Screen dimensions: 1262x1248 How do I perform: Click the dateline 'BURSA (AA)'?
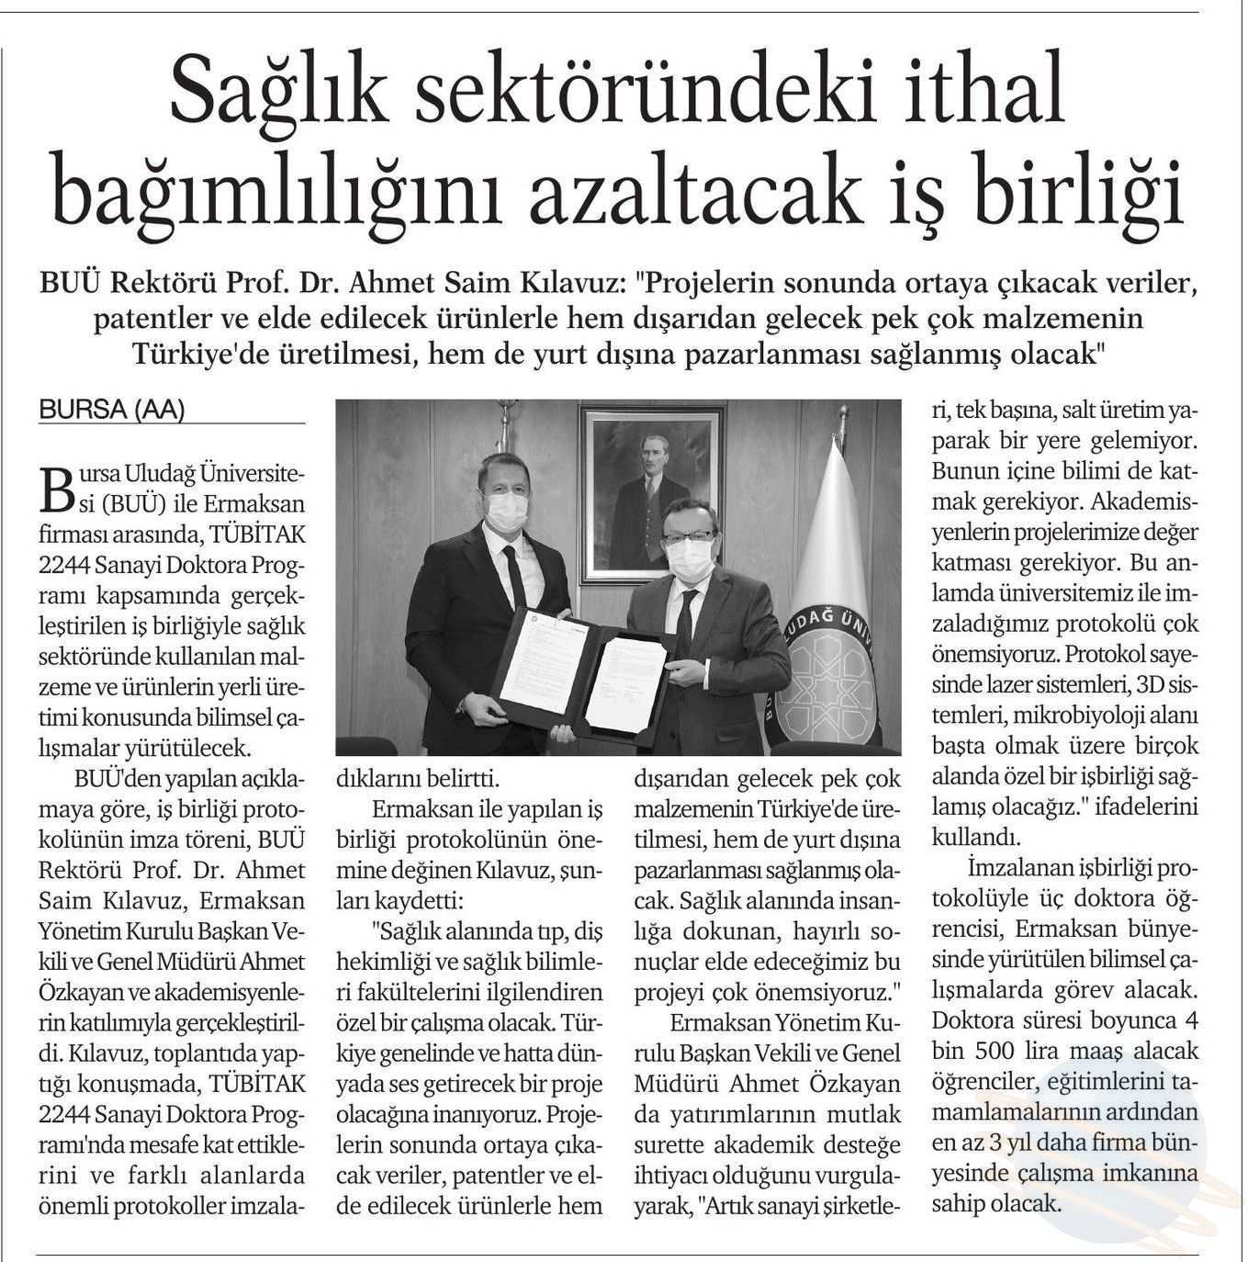(x=111, y=411)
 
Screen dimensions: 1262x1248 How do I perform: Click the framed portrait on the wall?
(x=651, y=493)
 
